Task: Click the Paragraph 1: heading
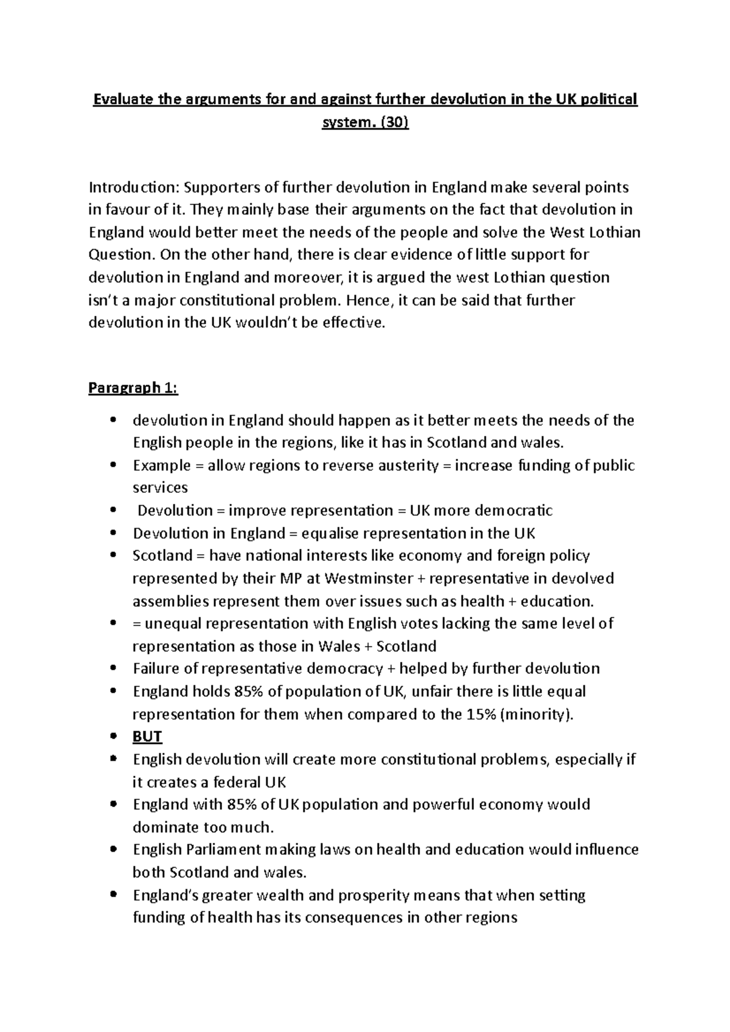tap(133, 388)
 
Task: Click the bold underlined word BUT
tap(147, 737)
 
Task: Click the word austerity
tap(405, 466)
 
